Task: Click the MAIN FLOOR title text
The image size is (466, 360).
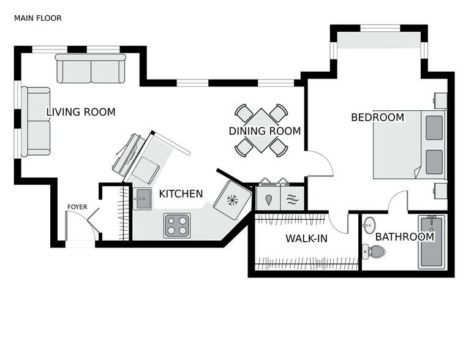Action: tap(37, 18)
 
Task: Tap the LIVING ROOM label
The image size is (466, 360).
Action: tap(81, 112)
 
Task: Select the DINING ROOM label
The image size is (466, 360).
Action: tap(265, 131)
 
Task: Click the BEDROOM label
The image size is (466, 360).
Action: tap(377, 118)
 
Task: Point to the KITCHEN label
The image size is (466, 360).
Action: tap(181, 194)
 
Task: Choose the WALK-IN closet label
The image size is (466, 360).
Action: tap(306, 239)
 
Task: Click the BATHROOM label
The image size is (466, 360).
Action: tap(404, 237)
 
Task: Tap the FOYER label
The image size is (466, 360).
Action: tap(77, 207)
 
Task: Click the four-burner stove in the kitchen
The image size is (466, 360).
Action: tap(176, 225)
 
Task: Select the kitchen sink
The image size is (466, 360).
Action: tap(142, 198)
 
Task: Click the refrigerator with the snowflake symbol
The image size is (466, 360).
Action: tap(233, 200)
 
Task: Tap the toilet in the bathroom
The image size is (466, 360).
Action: tap(374, 251)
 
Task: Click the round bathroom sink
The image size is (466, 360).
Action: tap(369, 225)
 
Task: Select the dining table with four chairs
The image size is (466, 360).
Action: tap(261, 130)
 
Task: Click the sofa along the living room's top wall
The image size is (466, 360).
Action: tap(91, 69)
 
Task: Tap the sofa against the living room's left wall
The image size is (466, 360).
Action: tap(36, 121)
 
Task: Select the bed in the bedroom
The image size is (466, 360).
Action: tap(409, 144)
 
